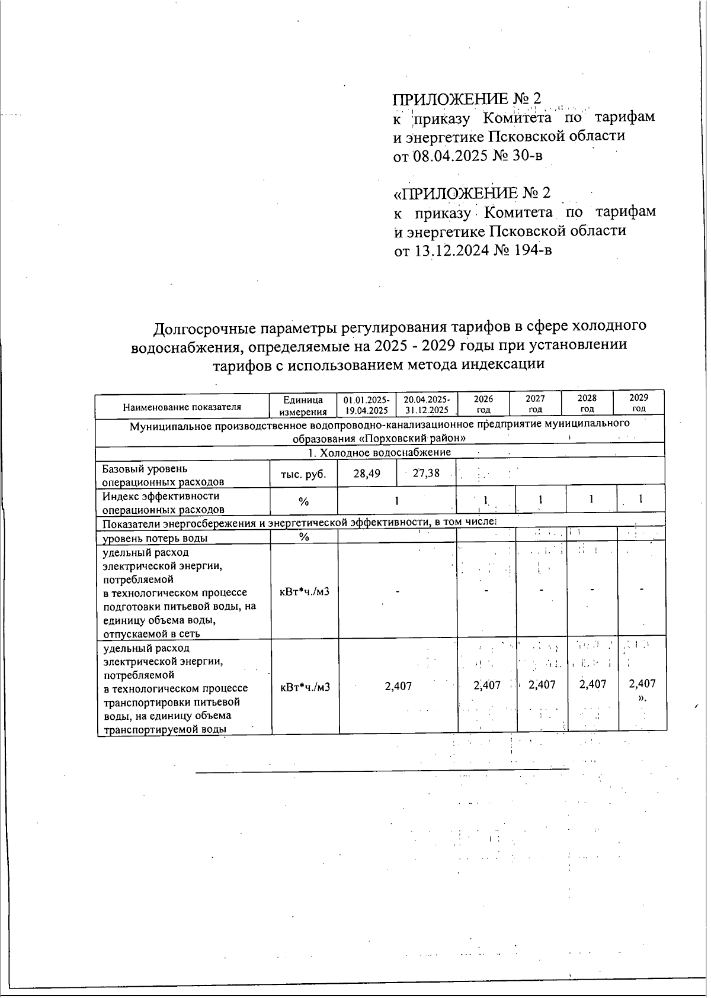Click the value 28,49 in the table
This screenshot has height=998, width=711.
[x=366, y=473]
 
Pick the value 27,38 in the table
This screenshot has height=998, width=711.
[x=426, y=473]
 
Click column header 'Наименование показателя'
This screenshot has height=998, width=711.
[x=182, y=407]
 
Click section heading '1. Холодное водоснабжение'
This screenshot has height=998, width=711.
[x=379, y=452]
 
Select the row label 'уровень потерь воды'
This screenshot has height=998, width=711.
[x=155, y=538]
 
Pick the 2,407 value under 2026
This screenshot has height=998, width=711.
[x=487, y=685]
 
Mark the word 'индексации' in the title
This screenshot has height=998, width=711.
[x=504, y=364]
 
